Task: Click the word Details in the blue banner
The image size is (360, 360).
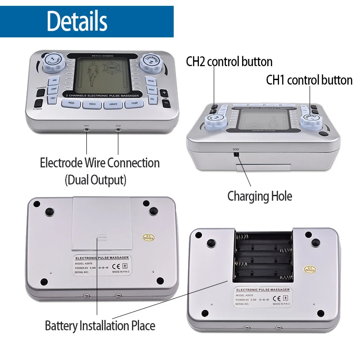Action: point(77,21)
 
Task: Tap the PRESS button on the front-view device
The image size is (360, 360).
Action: point(71,103)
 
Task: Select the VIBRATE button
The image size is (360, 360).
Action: point(113,104)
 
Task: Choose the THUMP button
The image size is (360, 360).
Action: point(134,103)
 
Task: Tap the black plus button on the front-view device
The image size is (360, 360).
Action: point(164,93)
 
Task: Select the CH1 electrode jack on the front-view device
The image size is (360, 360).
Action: point(86,129)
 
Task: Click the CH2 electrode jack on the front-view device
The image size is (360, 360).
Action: point(118,129)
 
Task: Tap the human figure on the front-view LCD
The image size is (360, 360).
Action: point(93,75)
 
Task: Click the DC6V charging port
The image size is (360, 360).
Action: point(235,154)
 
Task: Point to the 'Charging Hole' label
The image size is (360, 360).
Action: point(260,196)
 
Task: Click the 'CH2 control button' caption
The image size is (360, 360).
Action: point(229,62)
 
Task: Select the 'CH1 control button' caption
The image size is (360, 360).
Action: point(309,80)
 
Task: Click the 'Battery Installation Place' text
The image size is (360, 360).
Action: point(100,326)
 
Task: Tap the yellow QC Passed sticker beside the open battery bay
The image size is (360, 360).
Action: point(310,269)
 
